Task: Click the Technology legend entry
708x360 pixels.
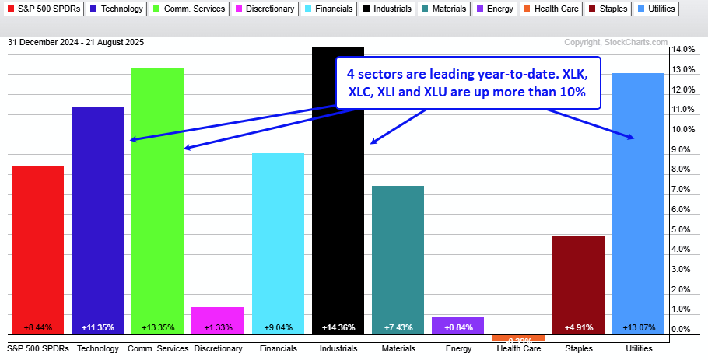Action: (117, 9)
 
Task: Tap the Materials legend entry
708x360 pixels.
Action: (444, 9)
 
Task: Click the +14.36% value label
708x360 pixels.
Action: (338, 327)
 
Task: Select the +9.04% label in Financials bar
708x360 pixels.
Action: (278, 327)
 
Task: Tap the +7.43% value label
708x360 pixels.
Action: (398, 327)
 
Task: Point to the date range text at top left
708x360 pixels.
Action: (75, 42)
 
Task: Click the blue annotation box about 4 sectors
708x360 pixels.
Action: (468, 83)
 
